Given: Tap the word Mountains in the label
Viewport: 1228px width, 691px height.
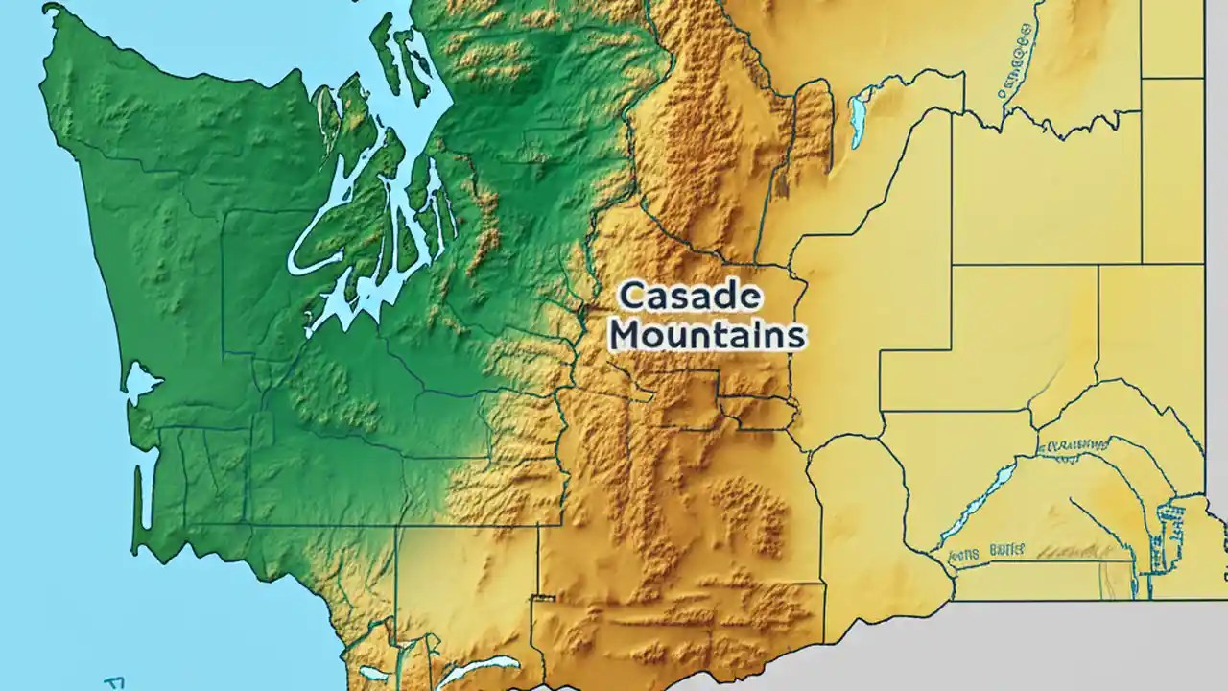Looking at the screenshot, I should pos(707,335).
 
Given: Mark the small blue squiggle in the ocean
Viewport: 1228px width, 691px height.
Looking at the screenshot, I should pos(115,683).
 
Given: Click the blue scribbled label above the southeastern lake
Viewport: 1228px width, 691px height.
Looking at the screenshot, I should pos(1074,445).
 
